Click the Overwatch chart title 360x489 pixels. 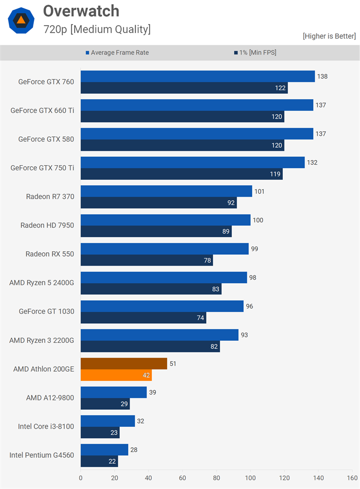coord(81,11)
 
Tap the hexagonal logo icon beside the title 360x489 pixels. coord(21,21)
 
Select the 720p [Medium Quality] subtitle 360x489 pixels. coord(97,29)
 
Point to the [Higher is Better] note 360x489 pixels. coord(329,36)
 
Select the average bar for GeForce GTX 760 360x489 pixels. coord(197,76)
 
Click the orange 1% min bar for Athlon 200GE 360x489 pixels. coord(116,375)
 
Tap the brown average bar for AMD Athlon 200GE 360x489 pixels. coord(123,364)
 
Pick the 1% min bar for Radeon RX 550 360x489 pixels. coord(147,260)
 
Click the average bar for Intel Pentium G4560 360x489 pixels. coord(104,450)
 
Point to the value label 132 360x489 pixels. coord(312,163)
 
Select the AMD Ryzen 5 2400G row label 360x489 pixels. coord(42,283)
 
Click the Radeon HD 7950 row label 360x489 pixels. coord(47,225)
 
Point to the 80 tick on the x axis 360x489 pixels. coord(217,477)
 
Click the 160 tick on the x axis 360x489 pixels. coord(352,477)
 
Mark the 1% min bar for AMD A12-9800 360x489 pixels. coord(105,404)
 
